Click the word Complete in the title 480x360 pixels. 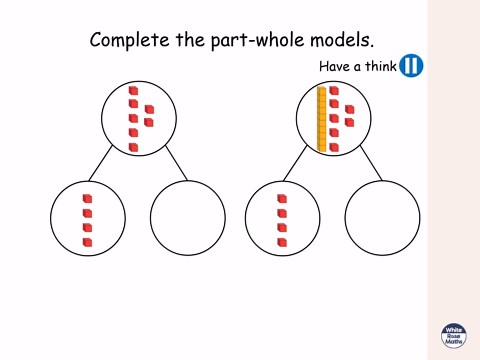pyautogui.click(x=129, y=41)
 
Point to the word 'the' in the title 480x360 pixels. pyautogui.click(x=187, y=41)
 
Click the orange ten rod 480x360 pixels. pyautogui.click(x=322, y=120)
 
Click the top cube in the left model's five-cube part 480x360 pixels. pyautogui.click(x=87, y=199)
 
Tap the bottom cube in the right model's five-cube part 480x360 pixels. pyautogui.click(x=282, y=242)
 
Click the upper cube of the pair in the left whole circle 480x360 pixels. pyautogui.click(x=148, y=109)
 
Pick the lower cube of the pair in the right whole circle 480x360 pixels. pyautogui.click(x=348, y=122)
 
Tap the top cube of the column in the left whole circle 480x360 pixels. pyautogui.click(x=133, y=91)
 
